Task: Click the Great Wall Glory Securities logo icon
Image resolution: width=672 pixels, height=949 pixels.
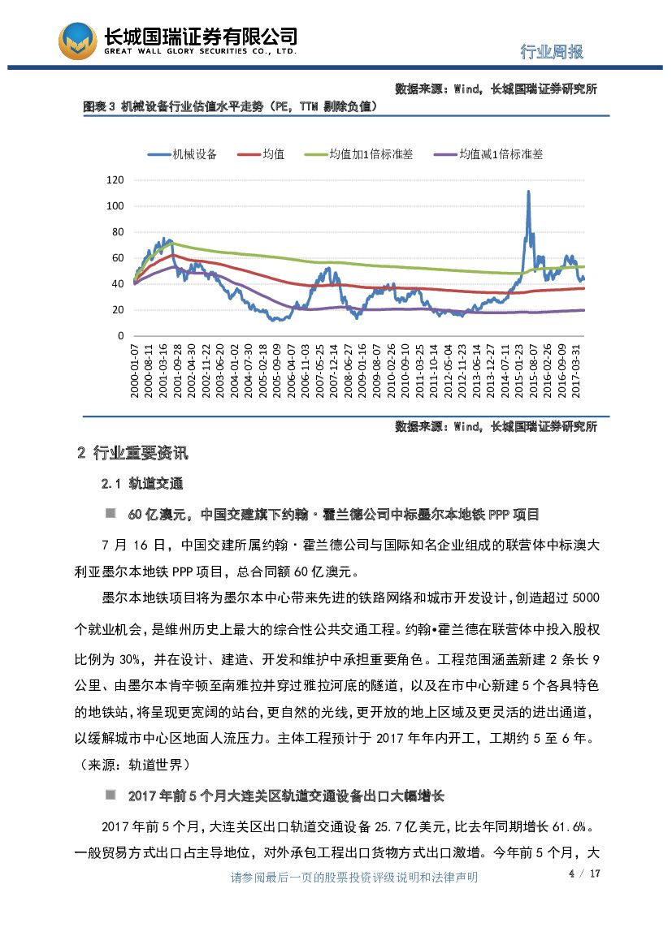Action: coord(77,41)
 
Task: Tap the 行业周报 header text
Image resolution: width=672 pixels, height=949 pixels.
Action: coord(552,52)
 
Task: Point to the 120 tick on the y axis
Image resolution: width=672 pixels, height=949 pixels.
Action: coord(115,180)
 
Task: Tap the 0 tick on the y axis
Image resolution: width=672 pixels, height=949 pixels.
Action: coord(121,336)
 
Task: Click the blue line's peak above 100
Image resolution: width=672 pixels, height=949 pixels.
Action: coord(528,192)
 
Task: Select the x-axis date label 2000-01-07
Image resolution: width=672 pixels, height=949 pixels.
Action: coord(135,370)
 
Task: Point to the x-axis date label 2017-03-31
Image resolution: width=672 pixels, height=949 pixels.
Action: coord(576,370)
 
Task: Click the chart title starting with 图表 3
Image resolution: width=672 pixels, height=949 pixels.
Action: coord(230,106)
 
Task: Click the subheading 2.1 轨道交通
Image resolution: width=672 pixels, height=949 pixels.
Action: coord(142,484)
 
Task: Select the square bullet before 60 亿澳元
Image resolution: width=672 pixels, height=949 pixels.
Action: coord(110,514)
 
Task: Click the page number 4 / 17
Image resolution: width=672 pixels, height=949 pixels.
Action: coord(583,874)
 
